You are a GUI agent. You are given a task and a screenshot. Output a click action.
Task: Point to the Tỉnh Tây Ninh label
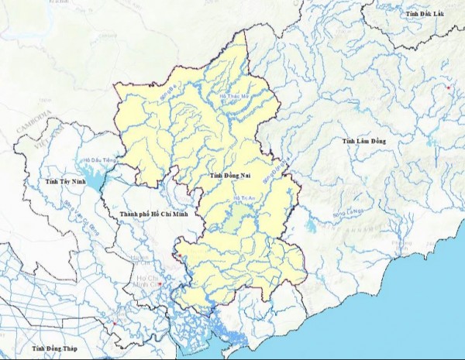tap(63, 180)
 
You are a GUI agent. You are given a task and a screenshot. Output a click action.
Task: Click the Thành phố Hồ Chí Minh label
tap(154, 213)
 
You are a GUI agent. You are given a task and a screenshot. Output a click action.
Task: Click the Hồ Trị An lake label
tap(243, 199)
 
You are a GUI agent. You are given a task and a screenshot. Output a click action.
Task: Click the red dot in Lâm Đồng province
tap(449, 88)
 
